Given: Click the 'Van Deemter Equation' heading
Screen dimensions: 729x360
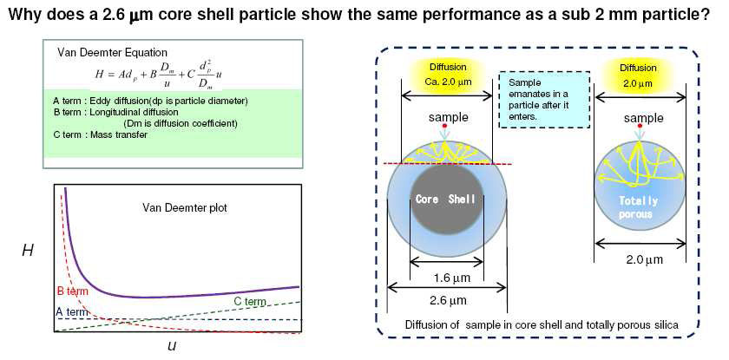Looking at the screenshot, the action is click(x=112, y=53).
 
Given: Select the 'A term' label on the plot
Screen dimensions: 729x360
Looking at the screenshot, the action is click(x=72, y=312).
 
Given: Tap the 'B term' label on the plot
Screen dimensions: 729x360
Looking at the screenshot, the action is click(x=72, y=291).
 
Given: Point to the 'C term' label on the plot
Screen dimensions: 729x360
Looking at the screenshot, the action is click(x=250, y=302).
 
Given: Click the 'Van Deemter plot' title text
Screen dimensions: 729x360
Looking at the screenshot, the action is click(x=185, y=207).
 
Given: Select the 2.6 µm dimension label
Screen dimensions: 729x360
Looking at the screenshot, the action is click(x=447, y=300).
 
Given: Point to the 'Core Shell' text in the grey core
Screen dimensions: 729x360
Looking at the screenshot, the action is click(x=445, y=200).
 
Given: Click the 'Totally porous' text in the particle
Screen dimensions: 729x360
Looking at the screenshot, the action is click(x=639, y=207).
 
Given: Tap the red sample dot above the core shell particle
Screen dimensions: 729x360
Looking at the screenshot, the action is click(x=445, y=127).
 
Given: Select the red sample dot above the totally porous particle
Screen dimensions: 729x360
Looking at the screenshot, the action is click(x=640, y=126).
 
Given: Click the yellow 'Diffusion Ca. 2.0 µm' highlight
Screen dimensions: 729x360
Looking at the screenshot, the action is click(x=447, y=75).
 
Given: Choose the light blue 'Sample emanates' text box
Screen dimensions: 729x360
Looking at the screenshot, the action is click(x=543, y=100).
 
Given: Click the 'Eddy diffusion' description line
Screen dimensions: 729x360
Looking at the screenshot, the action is click(x=150, y=101).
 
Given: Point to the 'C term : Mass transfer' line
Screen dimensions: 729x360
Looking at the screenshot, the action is click(x=101, y=135).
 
